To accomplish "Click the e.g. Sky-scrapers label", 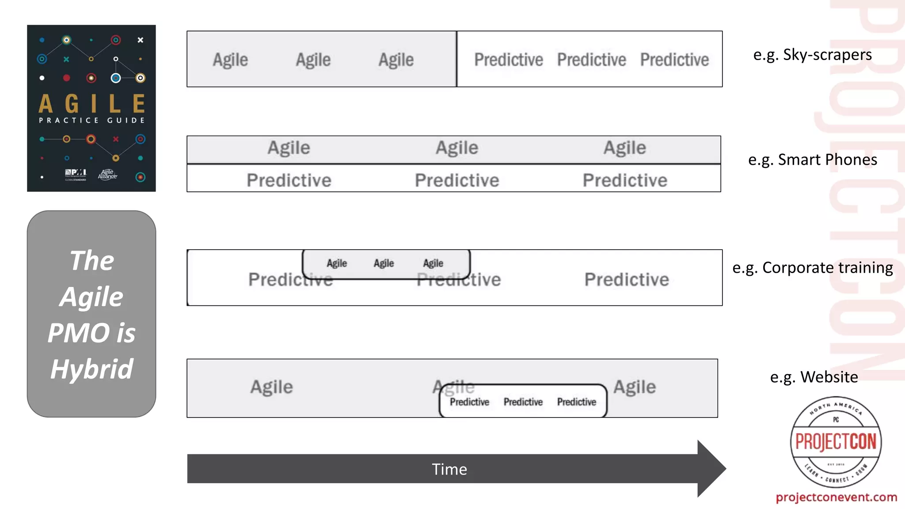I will (x=812, y=55).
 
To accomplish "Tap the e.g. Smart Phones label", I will (x=812, y=160).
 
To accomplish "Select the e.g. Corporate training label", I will (x=812, y=268).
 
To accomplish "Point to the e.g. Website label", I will (x=814, y=377).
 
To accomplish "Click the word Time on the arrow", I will (x=449, y=469).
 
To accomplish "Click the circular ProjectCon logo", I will (x=836, y=442).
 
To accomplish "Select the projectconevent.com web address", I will (x=836, y=497).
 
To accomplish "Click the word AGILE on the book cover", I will (x=91, y=104).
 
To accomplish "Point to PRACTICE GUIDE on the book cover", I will (x=91, y=120).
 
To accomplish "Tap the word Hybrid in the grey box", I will (x=91, y=369).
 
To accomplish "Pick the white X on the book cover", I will (x=140, y=40).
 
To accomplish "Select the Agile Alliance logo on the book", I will (x=107, y=174).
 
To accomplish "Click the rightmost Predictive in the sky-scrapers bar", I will (x=674, y=60).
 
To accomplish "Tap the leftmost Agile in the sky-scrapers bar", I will (x=230, y=60).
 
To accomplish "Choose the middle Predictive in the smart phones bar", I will (x=457, y=180).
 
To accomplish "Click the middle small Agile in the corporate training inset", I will (x=384, y=263).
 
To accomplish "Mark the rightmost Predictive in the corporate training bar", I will (x=627, y=279).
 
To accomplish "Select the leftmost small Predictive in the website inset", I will (x=469, y=402).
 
